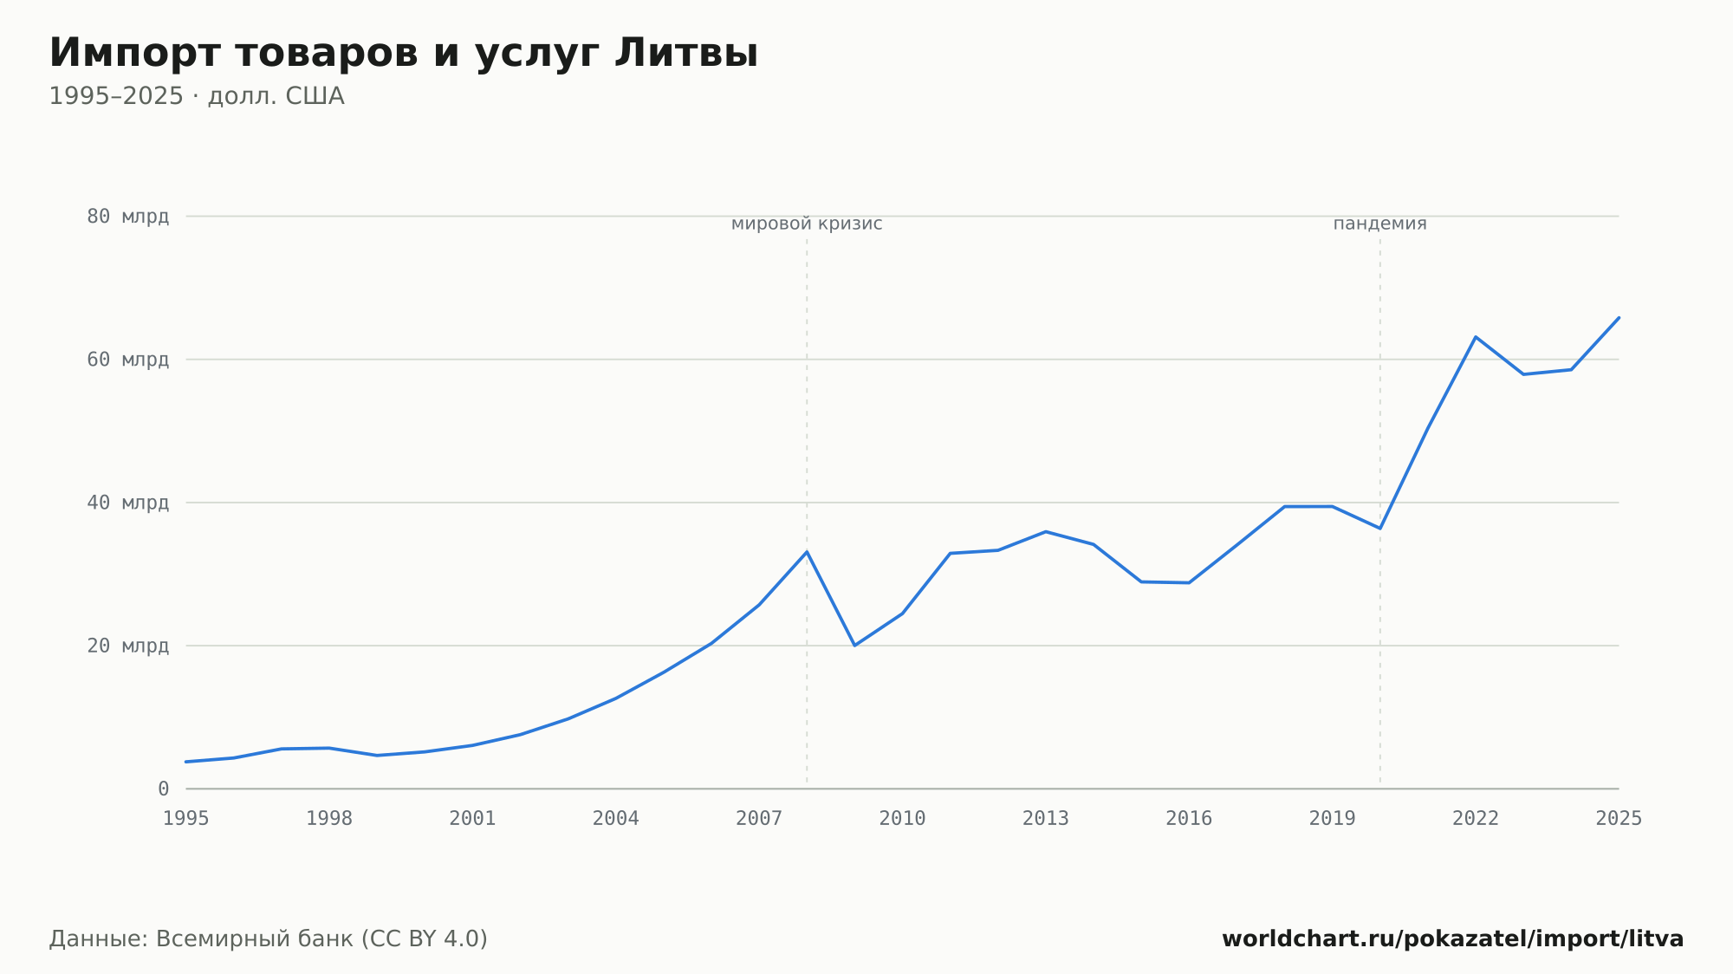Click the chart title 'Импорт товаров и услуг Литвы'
[x=404, y=54]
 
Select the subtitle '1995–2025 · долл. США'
[x=197, y=96]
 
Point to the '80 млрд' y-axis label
[x=128, y=217]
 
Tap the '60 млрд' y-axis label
[x=128, y=360]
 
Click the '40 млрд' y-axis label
[x=128, y=503]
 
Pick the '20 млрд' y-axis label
[x=128, y=646]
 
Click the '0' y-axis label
[x=164, y=789]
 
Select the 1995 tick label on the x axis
[x=186, y=819]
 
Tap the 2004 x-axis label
[x=616, y=819]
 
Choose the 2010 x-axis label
[x=903, y=819]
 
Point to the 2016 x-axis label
[x=1189, y=819]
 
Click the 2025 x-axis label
[x=1619, y=819]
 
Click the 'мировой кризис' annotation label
[x=807, y=224]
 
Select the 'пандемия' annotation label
[x=1379, y=224]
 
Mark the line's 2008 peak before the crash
[x=807, y=552]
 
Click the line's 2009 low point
[x=854, y=646]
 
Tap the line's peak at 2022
[x=1476, y=337]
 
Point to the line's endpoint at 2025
[x=1619, y=318]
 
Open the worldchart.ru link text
[x=1453, y=939]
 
